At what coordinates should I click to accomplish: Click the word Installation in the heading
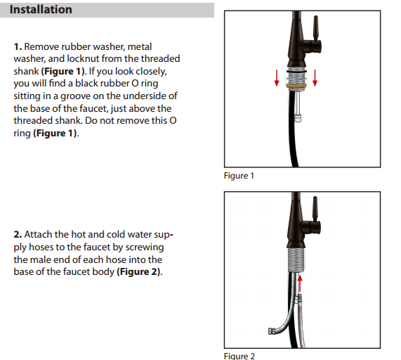(x=41, y=10)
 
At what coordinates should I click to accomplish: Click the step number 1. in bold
(x=18, y=46)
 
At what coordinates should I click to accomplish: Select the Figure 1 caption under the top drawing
(x=239, y=175)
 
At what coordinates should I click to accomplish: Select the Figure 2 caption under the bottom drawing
(x=239, y=356)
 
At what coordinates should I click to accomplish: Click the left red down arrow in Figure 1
(x=277, y=77)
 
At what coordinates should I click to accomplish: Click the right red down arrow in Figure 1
(x=315, y=77)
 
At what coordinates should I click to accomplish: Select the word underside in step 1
(x=139, y=96)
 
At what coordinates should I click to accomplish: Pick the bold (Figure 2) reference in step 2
(x=138, y=272)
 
